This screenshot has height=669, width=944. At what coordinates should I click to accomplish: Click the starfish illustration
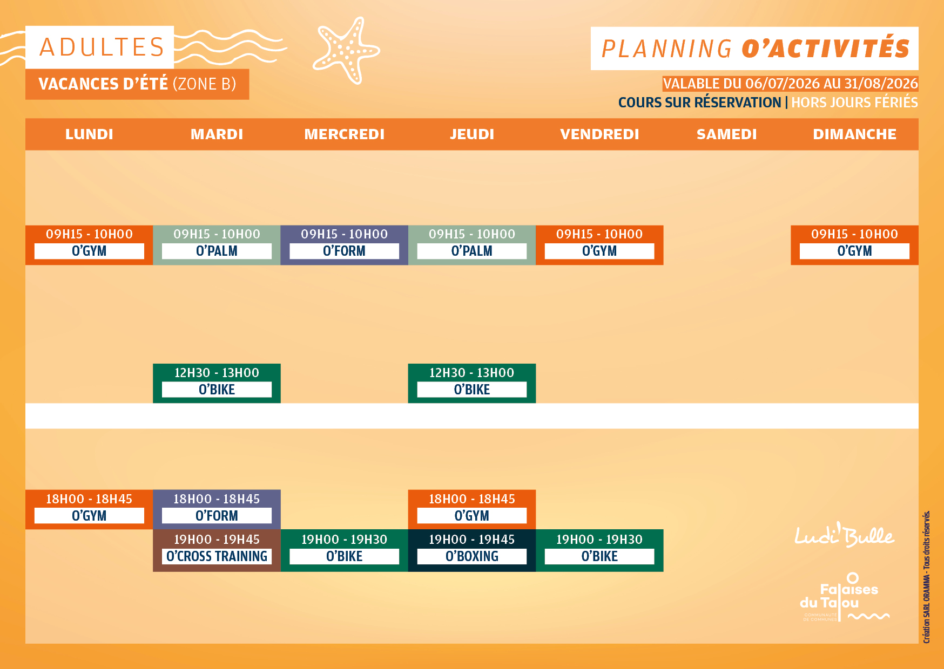[346, 50]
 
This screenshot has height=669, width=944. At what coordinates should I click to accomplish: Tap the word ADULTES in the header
[102, 47]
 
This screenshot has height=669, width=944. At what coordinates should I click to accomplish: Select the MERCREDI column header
[345, 134]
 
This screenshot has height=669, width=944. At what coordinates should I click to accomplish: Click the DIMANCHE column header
[854, 134]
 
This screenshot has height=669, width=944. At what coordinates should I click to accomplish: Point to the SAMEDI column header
[727, 134]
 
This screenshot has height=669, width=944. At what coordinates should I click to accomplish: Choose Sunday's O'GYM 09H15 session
[854, 245]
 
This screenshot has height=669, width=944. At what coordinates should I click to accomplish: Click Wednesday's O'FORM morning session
[345, 245]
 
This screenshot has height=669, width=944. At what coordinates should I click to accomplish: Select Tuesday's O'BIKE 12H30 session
[217, 383]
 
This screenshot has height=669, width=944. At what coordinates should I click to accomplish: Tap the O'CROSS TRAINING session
[217, 550]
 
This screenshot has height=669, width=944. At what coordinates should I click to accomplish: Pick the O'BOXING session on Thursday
[472, 550]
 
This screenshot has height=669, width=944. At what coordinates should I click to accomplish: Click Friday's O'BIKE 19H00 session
[599, 550]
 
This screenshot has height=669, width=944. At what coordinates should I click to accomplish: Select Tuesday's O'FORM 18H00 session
[217, 509]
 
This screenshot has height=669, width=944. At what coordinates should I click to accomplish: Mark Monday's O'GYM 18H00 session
[89, 509]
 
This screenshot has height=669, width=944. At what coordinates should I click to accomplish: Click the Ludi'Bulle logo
[845, 535]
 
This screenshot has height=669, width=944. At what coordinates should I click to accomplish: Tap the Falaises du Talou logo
[844, 597]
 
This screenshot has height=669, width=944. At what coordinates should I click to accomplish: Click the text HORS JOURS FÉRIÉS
[854, 102]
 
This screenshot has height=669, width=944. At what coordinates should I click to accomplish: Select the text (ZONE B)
[204, 84]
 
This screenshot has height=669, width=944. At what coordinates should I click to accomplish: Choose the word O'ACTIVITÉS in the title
[826, 48]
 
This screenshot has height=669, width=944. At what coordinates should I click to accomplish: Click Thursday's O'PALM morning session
[472, 245]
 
